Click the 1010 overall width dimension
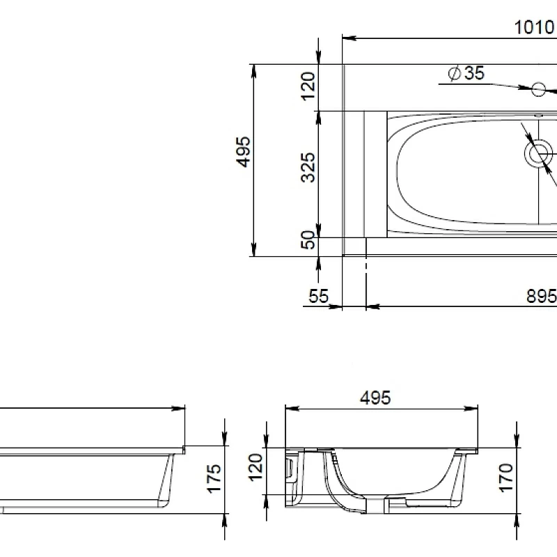(x=533, y=27)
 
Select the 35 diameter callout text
(x=473, y=73)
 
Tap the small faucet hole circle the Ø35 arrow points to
(x=538, y=89)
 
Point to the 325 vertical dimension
(x=308, y=167)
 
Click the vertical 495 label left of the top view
(x=243, y=152)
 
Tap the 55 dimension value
(x=318, y=296)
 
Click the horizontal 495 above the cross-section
(x=375, y=398)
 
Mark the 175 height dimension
(x=214, y=478)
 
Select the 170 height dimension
(x=506, y=478)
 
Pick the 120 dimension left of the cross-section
(x=256, y=466)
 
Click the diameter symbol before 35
(x=453, y=73)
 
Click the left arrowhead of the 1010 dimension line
(x=348, y=38)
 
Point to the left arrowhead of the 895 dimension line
(x=370, y=306)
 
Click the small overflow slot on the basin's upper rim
(x=538, y=115)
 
